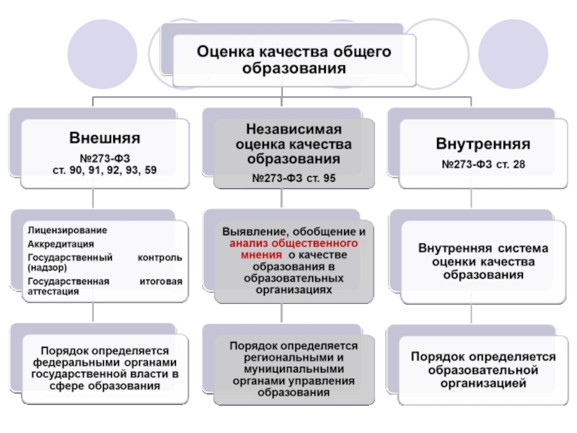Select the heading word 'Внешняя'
pyautogui.click(x=105, y=137)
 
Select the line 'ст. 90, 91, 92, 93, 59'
pyautogui.click(x=105, y=170)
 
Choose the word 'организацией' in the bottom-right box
pyautogui.click(x=483, y=382)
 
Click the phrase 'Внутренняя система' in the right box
pyautogui.click(x=483, y=249)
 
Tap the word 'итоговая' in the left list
pyautogui.click(x=160, y=281)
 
